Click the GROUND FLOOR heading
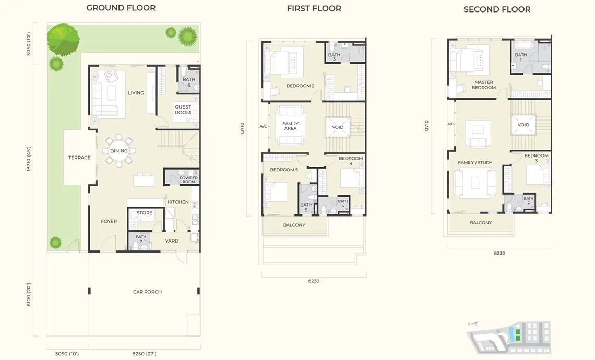(x=121, y=8)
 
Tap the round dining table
(x=119, y=151)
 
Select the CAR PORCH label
(x=147, y=292)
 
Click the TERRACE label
(x=79, y=158)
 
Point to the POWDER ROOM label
(x=188, y=180)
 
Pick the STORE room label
(x=144, y=213)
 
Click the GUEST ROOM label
(x=183, y=110)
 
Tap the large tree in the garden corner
(x=63, y=39)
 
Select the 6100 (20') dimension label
(x=29, y=294)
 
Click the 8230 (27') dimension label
(x=144, y=354)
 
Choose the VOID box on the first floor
(x=338, y=127)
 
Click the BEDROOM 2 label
(x=300, y=86)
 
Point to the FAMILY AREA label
(x=290, y=126)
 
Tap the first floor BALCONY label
(x=294, y=225)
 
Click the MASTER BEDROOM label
(x=484, y=85)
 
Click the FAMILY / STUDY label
(x=475, y=162)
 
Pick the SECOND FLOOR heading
(x=497, y=9)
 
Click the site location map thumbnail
(x=509, y=337)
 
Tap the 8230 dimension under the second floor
(x=499, y=253)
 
